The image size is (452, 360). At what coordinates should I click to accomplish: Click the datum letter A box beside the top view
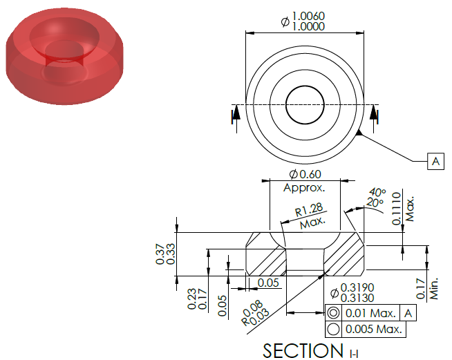click(435, 161)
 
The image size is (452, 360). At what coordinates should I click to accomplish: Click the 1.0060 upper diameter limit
click(308, 16)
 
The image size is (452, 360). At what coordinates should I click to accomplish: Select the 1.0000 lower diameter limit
click(308, 26)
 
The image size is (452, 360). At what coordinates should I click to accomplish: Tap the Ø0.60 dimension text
click(305, 174)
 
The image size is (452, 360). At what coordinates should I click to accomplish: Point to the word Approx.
click(304, 188)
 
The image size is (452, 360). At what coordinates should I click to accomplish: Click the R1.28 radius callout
click(309, 210)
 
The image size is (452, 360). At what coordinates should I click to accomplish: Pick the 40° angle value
click(377, 192)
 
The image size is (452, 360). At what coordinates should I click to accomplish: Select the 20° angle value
click(375, 202)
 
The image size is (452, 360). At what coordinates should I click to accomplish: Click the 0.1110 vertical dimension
click(397, 209)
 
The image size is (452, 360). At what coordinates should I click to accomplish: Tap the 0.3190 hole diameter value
click(357, 287)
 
